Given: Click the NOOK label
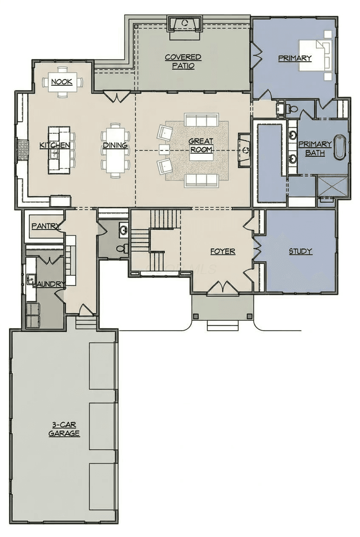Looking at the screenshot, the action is point(62,82).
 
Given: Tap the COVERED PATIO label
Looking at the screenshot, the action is point(183,61).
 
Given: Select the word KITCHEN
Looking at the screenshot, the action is point(55,145).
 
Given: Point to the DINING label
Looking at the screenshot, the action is point(115,145).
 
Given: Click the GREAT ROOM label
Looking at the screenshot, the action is point(201,146).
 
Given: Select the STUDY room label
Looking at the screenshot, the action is point(301,252).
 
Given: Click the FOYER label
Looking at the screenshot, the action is point(223,252).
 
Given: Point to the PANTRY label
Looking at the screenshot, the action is point(46,226).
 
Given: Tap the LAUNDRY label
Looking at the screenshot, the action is point(49,284).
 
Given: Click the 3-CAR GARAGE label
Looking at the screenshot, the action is point(64,430).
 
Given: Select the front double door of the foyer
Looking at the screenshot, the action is point(223,287).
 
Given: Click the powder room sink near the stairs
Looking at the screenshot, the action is point(124,230).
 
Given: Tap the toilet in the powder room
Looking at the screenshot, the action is point(122,249).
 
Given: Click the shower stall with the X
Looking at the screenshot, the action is point(333,186).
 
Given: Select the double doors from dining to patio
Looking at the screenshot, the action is point(116,97).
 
